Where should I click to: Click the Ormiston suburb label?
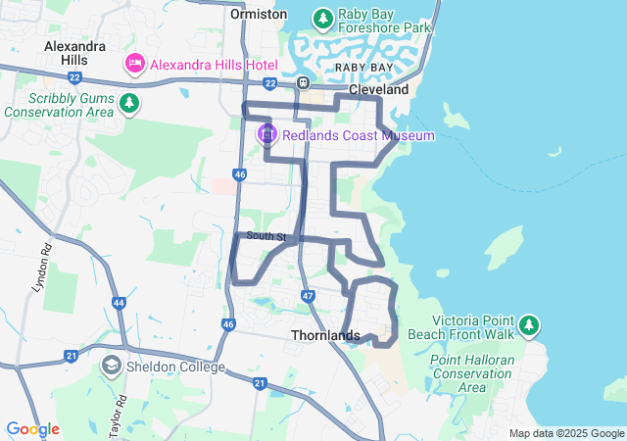[259, 14]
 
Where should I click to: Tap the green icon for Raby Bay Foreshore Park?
[322, 18]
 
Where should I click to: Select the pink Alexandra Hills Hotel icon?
[134, 64]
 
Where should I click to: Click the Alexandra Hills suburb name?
[74, 53]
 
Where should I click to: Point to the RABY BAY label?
[363, 67]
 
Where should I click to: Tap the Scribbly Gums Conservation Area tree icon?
[128, 102]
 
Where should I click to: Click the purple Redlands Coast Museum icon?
[265, 134]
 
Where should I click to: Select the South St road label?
[266, 236]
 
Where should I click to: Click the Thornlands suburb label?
[325, 335]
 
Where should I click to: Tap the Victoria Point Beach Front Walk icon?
[529, 324]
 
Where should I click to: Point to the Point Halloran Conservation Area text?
[472, 373]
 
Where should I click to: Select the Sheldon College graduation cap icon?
[112, 367]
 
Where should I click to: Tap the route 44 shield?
[119, 304]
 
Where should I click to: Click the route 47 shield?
[308, 295]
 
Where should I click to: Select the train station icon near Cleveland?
[304, 83]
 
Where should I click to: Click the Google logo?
[32, 429]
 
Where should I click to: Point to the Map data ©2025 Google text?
[565, 433]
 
